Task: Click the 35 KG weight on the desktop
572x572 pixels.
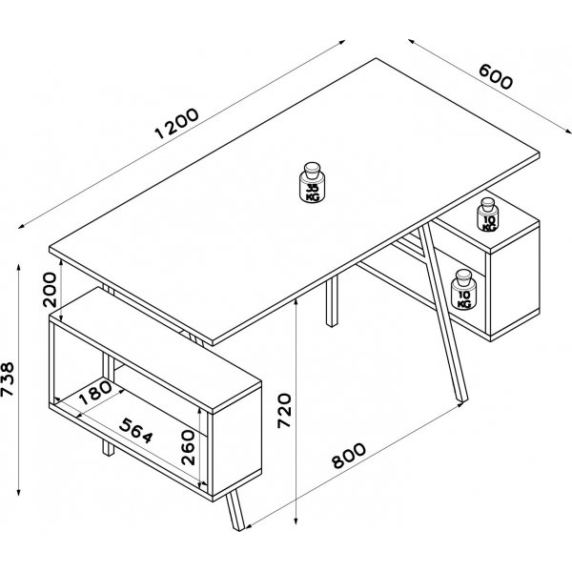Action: point(312,184)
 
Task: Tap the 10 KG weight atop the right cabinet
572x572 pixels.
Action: point(489,215)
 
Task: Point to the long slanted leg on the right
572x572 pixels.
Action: point(446,315)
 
